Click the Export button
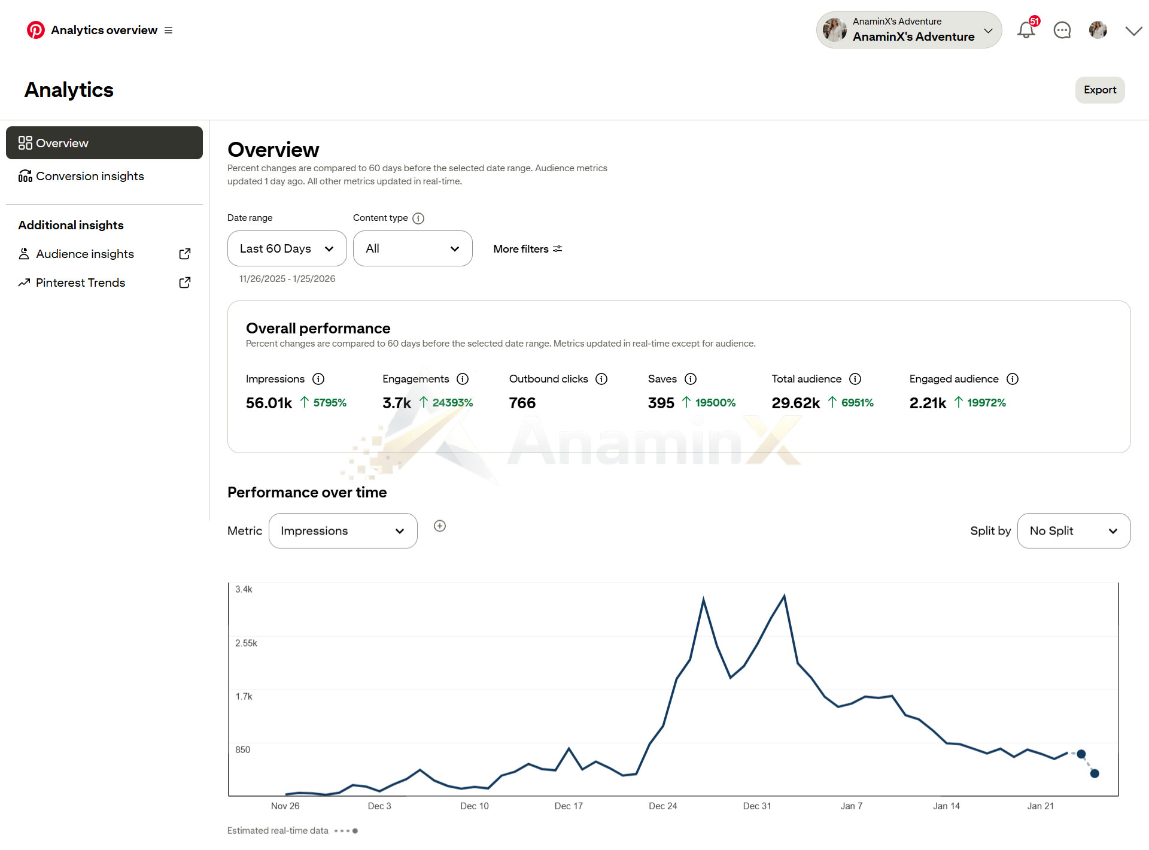point(1100,90)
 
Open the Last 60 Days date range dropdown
point(287,248)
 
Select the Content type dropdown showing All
point(412,248)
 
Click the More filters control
point(528,249)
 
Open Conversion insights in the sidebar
point(90,176)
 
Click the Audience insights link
point(84,254)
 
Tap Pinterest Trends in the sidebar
point(80,283)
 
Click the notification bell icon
point(1026,30)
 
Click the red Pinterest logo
point(36,30)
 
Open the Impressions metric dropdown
point(343,531)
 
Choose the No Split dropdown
point(1074,531)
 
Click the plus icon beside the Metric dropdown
point(440,526)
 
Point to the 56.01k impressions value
point(269,403)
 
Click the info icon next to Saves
point(691,379)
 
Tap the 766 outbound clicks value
point(522,403)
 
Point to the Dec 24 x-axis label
point(663,806)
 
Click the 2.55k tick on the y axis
point(246,643)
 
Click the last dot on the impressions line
point(1095,773)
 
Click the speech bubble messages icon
point(1062,30)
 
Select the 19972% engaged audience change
point(986,403)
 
